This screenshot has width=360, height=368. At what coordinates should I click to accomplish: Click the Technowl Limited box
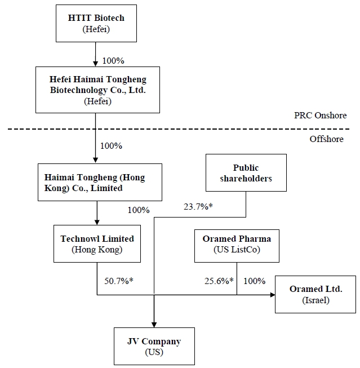(97, 244)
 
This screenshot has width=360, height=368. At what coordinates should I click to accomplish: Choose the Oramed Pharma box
(237, 245)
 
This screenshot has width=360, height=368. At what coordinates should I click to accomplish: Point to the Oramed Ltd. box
(315, 294)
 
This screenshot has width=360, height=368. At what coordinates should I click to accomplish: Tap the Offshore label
(326, 139)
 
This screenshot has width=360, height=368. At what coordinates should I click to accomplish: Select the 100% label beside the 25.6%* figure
(254, 280)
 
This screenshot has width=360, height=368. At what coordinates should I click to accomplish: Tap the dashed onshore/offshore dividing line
(169, 129)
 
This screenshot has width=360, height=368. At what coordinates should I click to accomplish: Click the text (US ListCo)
(237, 250)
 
